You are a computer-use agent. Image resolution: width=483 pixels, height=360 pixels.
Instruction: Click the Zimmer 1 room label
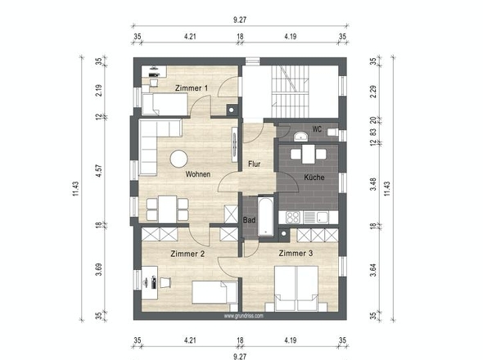pos(192,87)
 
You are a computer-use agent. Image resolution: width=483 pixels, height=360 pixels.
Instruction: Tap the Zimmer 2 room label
pos(187,254)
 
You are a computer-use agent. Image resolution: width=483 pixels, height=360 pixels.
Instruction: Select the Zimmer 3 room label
pos(296,254)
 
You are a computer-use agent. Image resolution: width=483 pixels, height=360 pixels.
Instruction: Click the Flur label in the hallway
pos(255,164)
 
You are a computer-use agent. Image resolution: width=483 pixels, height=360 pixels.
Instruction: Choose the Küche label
pos(314,177)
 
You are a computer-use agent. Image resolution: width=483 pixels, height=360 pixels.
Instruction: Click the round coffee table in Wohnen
pos(178,158)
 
